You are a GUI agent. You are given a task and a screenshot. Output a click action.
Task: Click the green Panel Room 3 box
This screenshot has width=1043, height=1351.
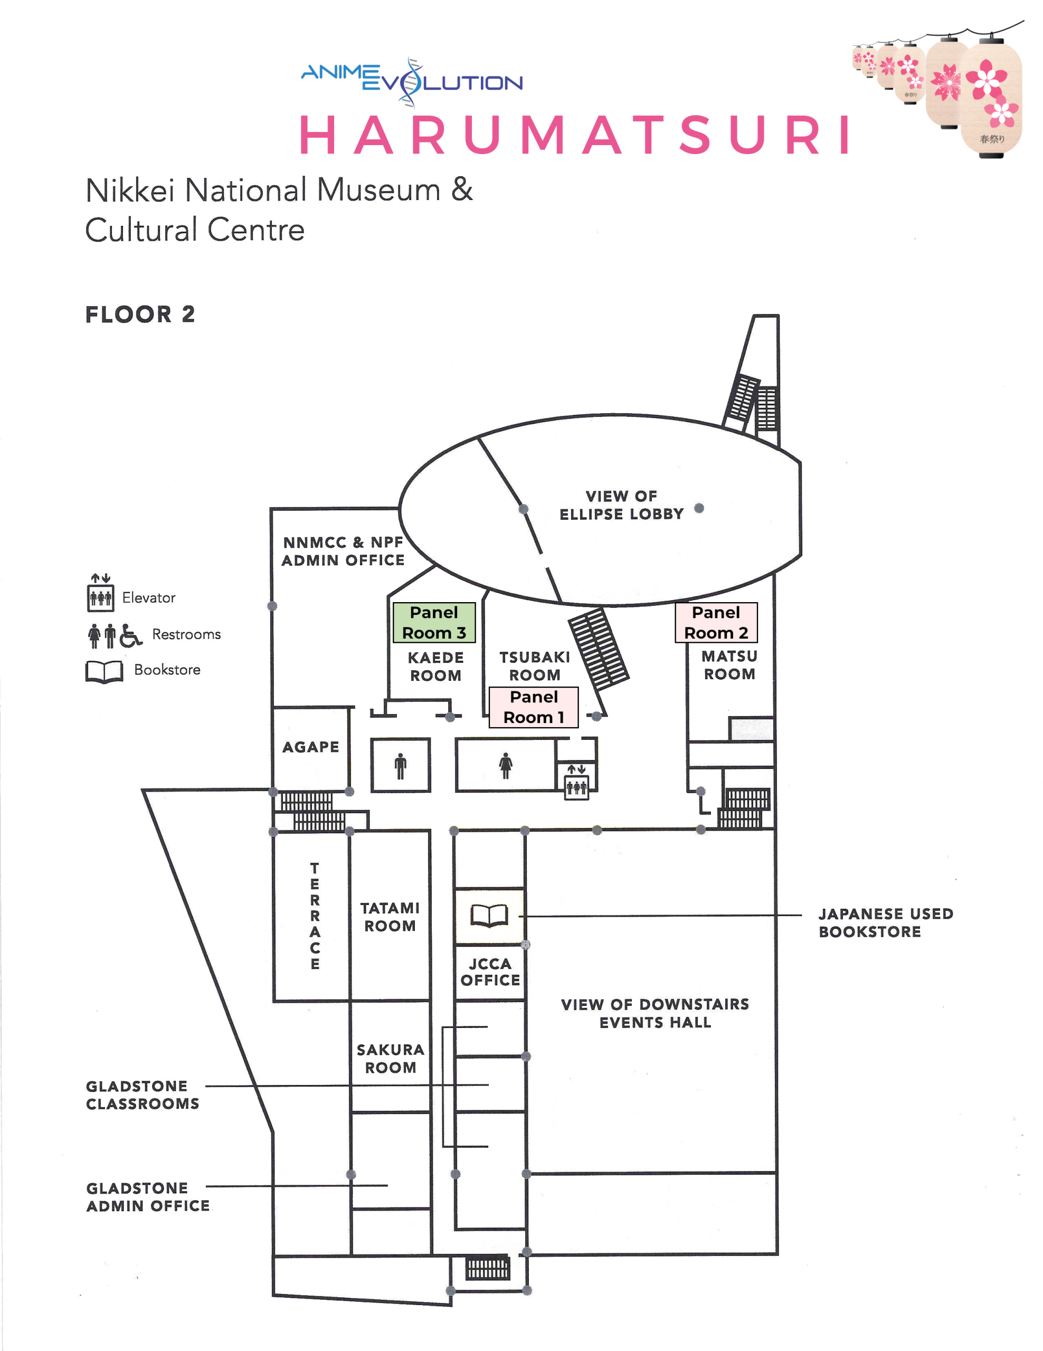[434, 622]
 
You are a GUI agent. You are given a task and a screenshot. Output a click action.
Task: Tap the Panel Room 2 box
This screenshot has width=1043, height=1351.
[716, 622]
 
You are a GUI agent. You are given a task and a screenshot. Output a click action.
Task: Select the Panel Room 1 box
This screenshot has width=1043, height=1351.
[533, 707]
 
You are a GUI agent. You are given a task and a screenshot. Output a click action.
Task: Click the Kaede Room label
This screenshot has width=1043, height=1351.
[435, 666]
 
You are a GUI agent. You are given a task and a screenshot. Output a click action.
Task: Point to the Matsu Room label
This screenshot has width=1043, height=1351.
[729, 665]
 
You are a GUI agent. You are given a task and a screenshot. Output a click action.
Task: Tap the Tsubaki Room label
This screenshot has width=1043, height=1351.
[535, 665]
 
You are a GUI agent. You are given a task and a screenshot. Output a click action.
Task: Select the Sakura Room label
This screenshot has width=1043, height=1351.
[391, 1059]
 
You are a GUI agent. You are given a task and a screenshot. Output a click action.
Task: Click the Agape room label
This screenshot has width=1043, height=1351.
[310, 747]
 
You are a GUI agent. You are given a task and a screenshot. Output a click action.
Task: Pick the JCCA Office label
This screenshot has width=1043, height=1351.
[490, 972]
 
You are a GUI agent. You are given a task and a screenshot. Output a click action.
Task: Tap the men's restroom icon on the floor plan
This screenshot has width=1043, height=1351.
[400, 766]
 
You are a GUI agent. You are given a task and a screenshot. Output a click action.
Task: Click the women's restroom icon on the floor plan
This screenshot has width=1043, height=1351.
[506, 765]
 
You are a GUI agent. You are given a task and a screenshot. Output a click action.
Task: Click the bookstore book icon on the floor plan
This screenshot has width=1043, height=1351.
[489, 916]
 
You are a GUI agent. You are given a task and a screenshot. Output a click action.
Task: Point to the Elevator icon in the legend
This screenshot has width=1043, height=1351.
[100, 593]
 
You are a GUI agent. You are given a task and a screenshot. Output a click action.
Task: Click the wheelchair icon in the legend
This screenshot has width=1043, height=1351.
[130, 636]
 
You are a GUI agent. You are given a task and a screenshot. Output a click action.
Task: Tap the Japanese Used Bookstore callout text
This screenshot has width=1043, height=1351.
[885, 922]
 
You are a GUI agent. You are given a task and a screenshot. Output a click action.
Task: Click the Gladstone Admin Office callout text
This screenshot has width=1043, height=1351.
[148, 1197]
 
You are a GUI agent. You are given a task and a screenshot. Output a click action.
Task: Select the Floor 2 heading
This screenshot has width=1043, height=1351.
[140, 314]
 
